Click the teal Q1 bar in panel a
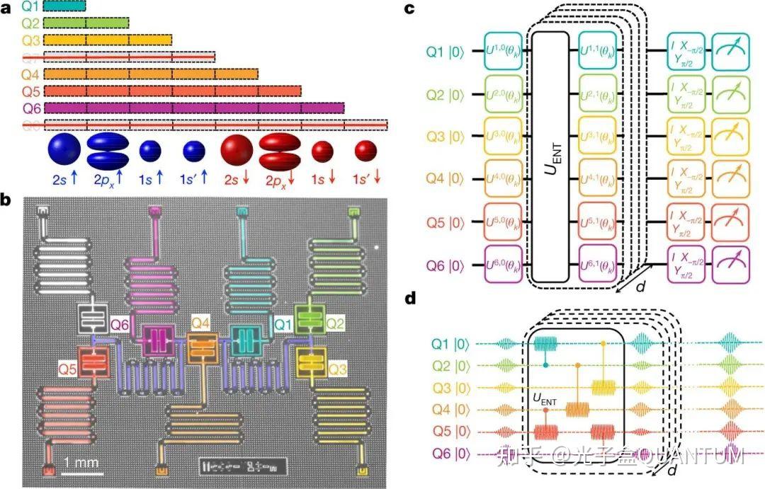pyautogui.click(x=64, y=6)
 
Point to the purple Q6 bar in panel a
pyautogui.click(x=193, y=108)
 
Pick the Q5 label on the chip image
pyautogui.click(x=68, y=368)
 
